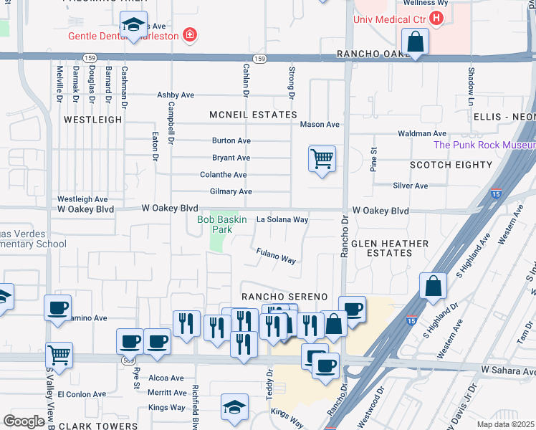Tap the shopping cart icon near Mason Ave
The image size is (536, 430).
[x=322, y=158]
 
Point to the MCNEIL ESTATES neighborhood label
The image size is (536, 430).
[x=253, y=115]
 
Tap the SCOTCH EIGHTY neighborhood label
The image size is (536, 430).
[x=451, y=165]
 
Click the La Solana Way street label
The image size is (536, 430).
[x=282, y=219]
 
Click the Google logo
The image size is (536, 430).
[x=24, y=421]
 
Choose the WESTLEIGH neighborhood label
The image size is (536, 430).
[x=92, y=120]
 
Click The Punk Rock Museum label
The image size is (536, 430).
[x=484, y=145]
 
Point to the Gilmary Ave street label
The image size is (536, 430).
[x=231, y=191]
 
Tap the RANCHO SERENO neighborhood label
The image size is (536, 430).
[x=284, y=297]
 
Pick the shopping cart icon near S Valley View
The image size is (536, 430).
[x=59, y=354]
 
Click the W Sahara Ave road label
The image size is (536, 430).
[x=508, y=369]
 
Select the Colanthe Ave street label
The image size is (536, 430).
[x=224, y=175]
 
